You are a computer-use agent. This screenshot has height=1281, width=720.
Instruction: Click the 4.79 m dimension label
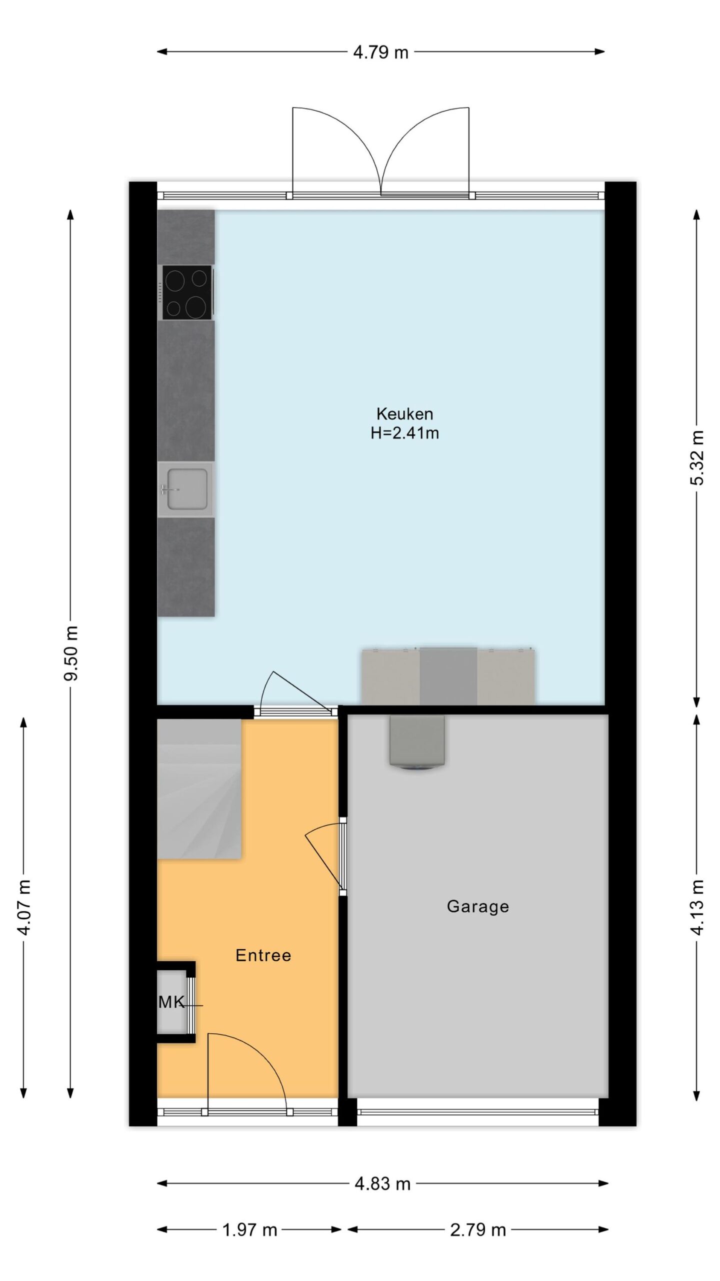pos(380,52)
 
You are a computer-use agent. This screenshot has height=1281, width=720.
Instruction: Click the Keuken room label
pos(404,414)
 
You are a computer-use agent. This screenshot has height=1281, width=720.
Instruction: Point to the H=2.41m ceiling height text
pos(404,433)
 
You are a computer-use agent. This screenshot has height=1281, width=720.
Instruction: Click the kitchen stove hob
pos(187,292)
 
